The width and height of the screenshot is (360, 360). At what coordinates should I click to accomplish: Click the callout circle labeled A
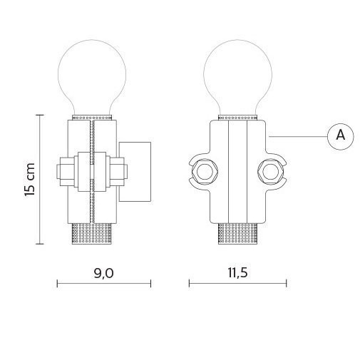pos(340,135)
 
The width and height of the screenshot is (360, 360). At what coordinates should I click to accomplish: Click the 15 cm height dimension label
pos(29,180)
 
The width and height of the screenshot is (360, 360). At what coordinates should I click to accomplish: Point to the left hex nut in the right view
pos(205,172)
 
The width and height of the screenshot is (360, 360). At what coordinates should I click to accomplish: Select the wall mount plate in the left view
pos(135,170)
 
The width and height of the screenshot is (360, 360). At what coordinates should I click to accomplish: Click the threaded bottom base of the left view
pos(92,234)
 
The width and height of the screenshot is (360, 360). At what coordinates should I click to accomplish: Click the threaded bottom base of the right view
pos(237,234)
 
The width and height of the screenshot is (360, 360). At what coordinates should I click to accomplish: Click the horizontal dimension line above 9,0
pos(103,284)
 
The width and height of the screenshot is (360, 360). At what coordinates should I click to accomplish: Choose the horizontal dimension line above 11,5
pos(237,284)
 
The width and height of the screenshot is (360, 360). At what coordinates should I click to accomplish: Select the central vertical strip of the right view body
pos(237,171)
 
